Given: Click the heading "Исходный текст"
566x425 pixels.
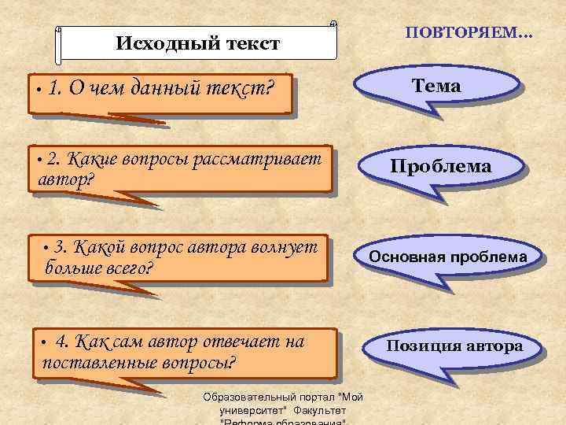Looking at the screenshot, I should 197,43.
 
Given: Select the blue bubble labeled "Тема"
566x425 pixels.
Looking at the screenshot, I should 438,87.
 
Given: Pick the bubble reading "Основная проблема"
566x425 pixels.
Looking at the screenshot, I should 448,257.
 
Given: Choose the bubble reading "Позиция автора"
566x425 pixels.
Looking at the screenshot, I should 454,346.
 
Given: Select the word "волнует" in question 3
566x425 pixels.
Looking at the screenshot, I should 283,246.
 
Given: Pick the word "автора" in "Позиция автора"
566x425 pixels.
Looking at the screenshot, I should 494,346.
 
